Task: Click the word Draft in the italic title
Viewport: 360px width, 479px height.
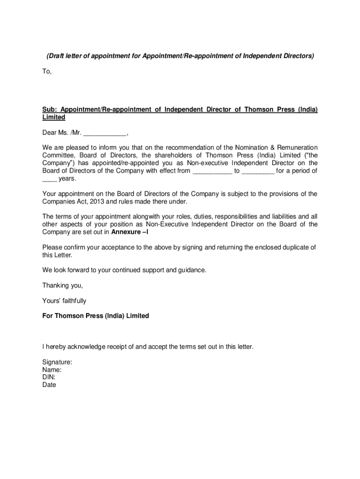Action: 58,56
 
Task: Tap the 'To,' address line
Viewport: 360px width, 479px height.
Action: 47,72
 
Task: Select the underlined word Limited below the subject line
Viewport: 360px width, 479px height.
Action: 54,117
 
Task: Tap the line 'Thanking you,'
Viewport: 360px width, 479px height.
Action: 63,285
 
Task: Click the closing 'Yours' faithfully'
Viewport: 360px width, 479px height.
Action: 64,301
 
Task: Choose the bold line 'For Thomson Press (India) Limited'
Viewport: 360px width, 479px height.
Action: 95,316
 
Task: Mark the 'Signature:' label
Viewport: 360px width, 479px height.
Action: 57,362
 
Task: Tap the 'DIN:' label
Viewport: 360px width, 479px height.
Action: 49,377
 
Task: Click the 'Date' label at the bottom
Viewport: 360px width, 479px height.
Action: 49,385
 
